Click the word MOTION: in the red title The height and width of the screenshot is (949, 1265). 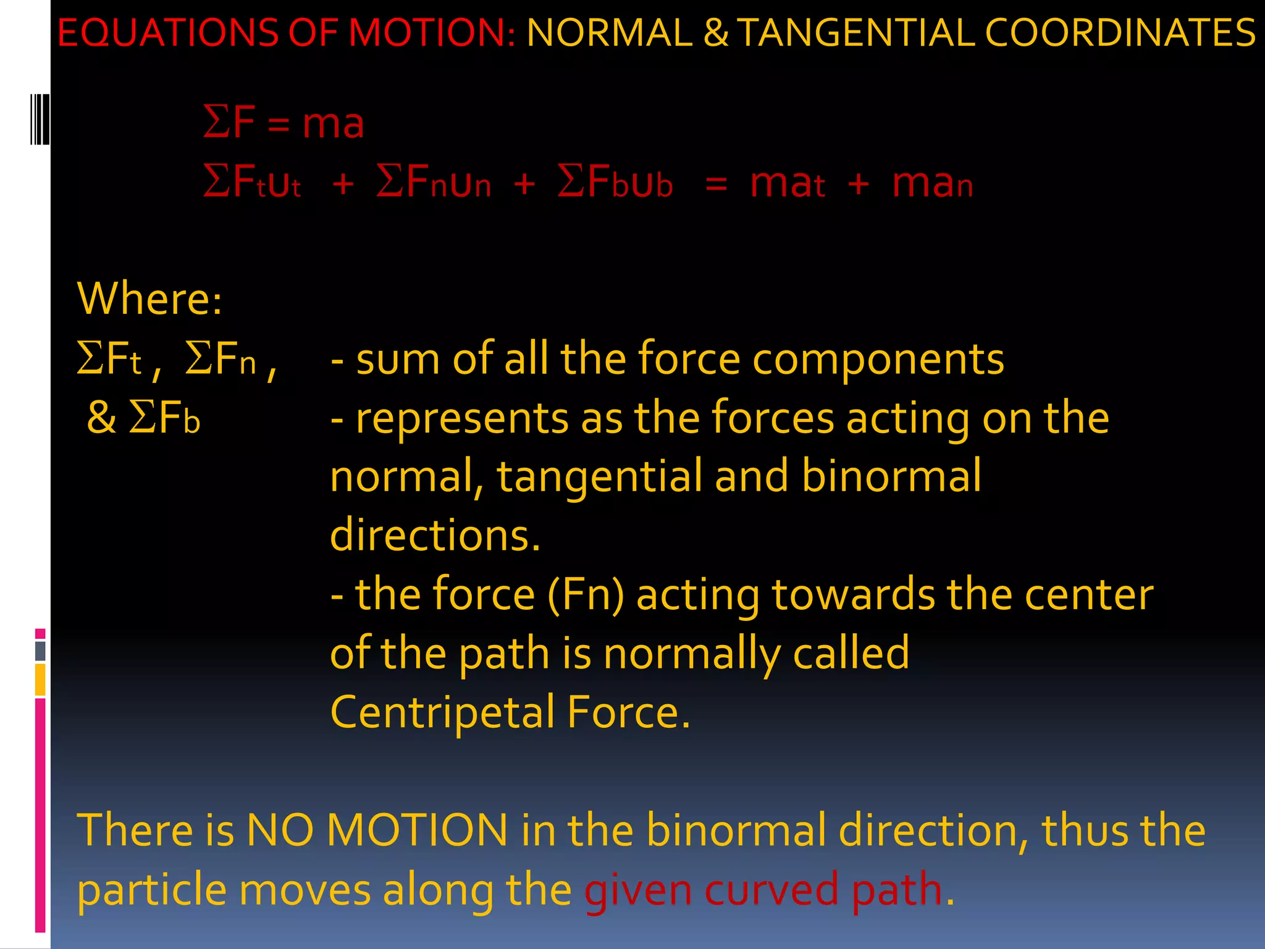[x=432, y=33]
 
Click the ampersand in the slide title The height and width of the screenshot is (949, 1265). [x=715, y=33]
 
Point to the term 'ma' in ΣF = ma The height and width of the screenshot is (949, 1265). [x=333, y=123]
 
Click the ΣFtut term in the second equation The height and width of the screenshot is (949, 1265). [x=252, y=183]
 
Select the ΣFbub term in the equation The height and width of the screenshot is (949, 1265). [x=615, y=183]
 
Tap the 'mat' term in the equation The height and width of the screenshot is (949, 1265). [x=787, y=183]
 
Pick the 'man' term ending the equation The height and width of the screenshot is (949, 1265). [x=932, y=183]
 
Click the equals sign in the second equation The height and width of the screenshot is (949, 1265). [x=716, y=184]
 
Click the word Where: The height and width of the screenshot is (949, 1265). [x=149, y=299]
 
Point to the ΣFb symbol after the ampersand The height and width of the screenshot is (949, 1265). [x=164, y=418]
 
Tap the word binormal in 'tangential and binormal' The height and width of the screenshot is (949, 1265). [x=891, y=476]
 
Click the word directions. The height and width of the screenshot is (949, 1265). [x=435, y=535]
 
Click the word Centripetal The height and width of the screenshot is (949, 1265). [x=442, y=712]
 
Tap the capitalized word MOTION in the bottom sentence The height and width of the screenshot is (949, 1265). [x=417, y=830]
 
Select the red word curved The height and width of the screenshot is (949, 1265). [x=771, y=890]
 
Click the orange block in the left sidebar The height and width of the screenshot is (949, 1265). [x=40, y=680]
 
